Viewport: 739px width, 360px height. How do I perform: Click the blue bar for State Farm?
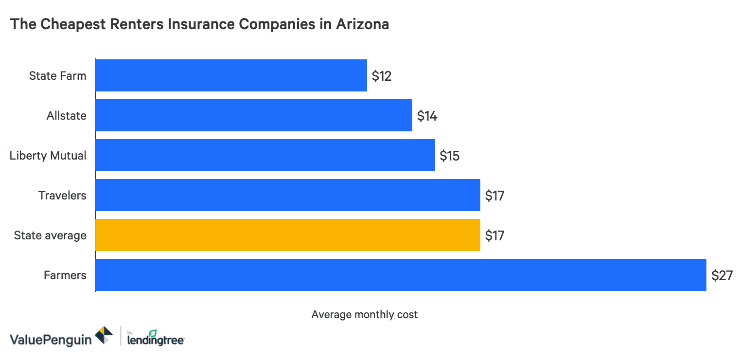tap(231, 75)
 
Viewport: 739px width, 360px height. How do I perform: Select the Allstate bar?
tap(253, 115)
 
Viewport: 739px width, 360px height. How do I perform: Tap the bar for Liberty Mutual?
tap(265, 155)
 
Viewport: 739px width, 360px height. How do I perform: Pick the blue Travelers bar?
tap(287, 195)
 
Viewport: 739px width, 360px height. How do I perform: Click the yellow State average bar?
tap(287, 235)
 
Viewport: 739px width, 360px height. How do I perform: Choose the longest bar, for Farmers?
tap(400, 275)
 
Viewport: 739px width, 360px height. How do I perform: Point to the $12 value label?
tap(382, 76)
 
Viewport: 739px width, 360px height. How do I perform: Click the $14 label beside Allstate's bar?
tap(427, 116)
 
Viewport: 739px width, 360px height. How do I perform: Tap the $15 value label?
tap(449, 156)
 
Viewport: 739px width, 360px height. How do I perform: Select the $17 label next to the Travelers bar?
tap(494, 196)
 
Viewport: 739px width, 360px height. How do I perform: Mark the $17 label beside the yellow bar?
tap(494, 235)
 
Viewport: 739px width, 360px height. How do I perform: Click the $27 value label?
tap(721, 275)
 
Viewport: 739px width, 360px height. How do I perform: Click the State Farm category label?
tap(57, 76)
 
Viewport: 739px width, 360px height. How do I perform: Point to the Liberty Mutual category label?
tap(48, 156)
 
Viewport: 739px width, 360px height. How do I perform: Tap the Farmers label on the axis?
tap(65, 275)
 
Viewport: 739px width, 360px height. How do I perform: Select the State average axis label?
tap(50, 235)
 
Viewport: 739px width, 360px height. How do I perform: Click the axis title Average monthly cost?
tap(364, 315)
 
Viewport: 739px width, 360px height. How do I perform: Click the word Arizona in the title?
tap(362, 24)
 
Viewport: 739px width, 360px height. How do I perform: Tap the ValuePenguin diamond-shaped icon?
tap(104, 336)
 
